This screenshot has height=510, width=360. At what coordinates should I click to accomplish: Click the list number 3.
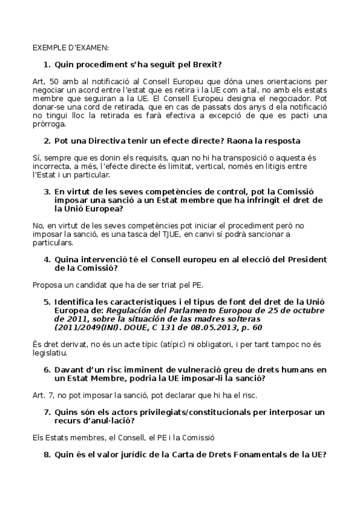[46, 191]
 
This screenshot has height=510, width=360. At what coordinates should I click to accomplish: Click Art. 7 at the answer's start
[41, 395]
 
